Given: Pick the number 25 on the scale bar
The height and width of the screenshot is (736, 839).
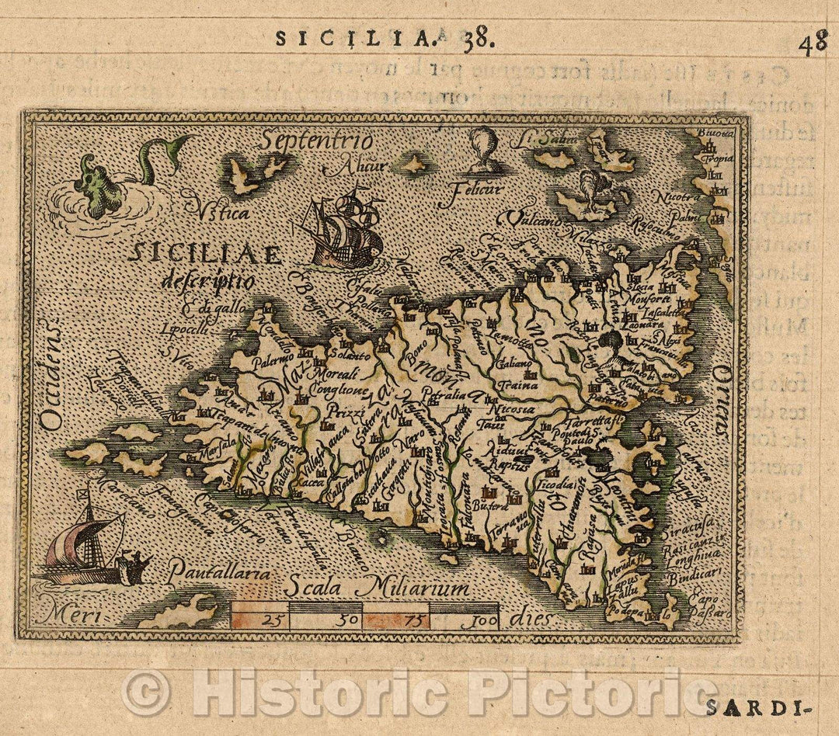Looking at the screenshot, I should coord(271,619).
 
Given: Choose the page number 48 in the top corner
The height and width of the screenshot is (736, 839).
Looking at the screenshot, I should coord(813,43).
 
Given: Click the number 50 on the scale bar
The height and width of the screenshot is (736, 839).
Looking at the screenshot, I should coord(349,620).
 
